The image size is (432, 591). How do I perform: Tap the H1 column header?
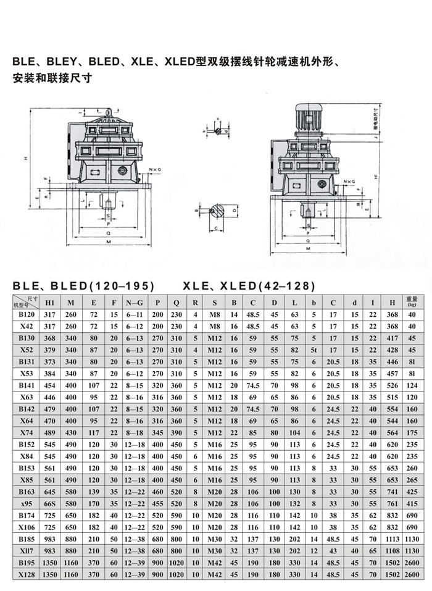(51, 303)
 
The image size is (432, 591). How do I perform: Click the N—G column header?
(135, 303)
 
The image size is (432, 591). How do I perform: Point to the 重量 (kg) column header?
(412, 302)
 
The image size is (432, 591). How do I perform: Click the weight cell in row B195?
(412, 564)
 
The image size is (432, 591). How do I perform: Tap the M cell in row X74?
(72, 433)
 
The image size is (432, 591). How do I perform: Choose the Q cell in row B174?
(177, 515)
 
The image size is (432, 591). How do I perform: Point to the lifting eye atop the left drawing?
(109, 113)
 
